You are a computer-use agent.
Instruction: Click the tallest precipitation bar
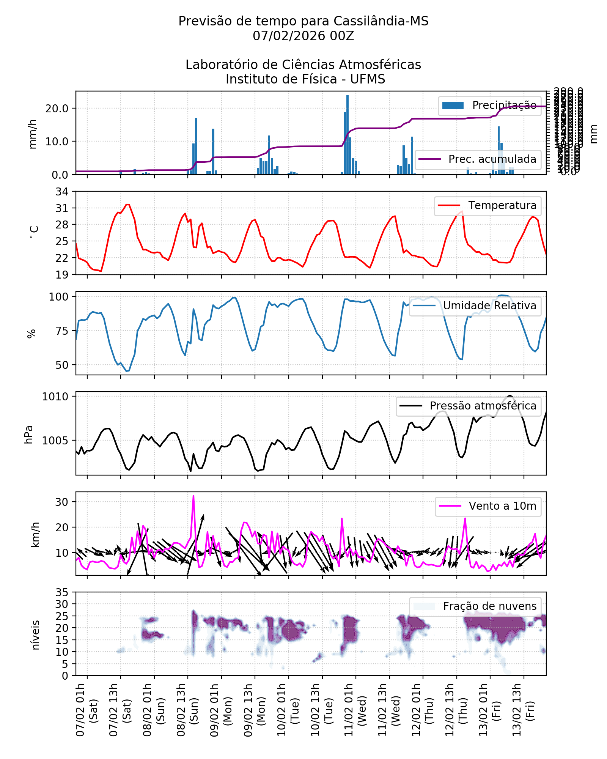click(x=347, y=135)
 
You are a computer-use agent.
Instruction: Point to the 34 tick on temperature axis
click(x=62, y=192)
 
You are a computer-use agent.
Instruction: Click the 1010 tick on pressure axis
click(x=55, y=397)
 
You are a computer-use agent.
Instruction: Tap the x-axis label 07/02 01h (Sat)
click(x=86, y=710)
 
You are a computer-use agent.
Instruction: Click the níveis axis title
click(x=36, y=635)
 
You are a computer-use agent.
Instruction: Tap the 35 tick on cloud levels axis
click(x=62, y=592)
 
